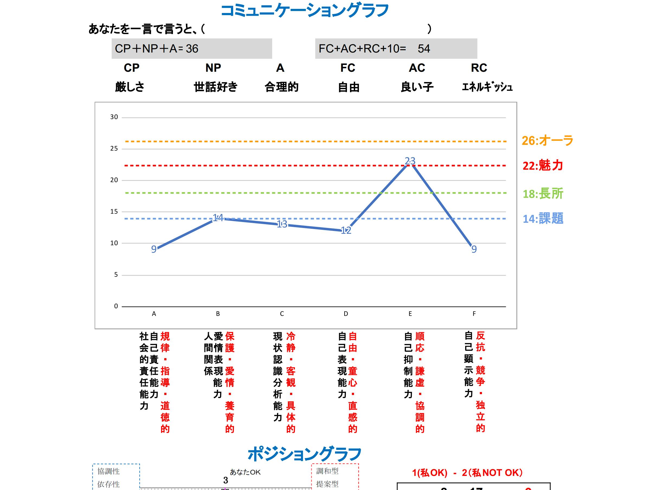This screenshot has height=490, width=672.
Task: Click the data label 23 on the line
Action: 410,161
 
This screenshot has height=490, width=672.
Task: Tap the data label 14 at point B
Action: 218,218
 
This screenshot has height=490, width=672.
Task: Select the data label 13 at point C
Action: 282,224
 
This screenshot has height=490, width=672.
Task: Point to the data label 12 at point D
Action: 346,230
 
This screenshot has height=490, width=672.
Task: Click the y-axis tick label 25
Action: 114,149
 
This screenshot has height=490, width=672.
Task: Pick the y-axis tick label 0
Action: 116,306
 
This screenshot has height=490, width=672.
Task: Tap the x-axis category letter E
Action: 410,314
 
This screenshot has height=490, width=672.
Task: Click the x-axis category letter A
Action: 154,314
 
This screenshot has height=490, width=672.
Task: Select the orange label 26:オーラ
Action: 547,141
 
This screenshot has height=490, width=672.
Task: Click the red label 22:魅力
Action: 542,165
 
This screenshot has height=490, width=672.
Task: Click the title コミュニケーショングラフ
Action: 305,11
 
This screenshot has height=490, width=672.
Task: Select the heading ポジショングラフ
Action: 304,454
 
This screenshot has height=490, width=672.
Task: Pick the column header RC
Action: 479,68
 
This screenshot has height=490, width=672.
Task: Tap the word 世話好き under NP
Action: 216,87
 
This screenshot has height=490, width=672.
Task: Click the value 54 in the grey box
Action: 423,49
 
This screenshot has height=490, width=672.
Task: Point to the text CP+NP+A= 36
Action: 156,49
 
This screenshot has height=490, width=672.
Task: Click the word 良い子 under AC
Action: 417,87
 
